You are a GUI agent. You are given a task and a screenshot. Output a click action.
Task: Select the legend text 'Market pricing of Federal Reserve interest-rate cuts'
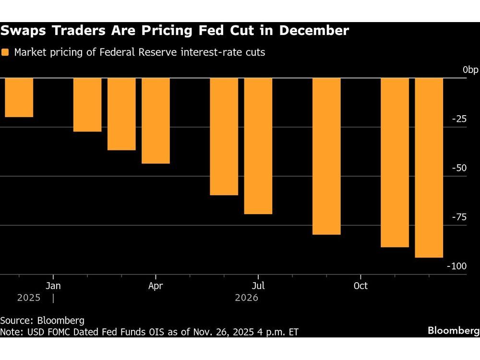(x=139, y=52)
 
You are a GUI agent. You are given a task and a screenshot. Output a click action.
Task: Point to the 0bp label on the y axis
(x=470, y=70)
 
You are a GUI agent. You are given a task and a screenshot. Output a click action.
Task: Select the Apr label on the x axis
(x=156, y=286)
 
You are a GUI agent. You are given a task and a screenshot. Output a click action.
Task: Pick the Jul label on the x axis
(x=258, y=286)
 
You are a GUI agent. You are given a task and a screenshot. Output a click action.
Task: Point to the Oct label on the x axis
(x=360, y=286)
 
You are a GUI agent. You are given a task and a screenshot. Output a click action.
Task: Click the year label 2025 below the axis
(x=29, y=298)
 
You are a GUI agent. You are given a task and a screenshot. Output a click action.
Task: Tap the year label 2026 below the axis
(x=247, y=298)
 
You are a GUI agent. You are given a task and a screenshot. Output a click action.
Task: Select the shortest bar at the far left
(x=19, y=97)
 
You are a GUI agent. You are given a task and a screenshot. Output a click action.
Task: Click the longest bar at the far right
(x=429, y=168)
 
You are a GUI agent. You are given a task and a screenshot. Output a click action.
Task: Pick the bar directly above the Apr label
(x=156, y=120)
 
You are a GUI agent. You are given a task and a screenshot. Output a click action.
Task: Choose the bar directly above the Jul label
(x=258, y=146)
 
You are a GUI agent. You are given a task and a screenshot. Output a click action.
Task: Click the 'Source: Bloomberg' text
(x=42, y=321)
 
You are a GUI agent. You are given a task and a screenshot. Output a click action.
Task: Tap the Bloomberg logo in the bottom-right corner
(x=453, y=331)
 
